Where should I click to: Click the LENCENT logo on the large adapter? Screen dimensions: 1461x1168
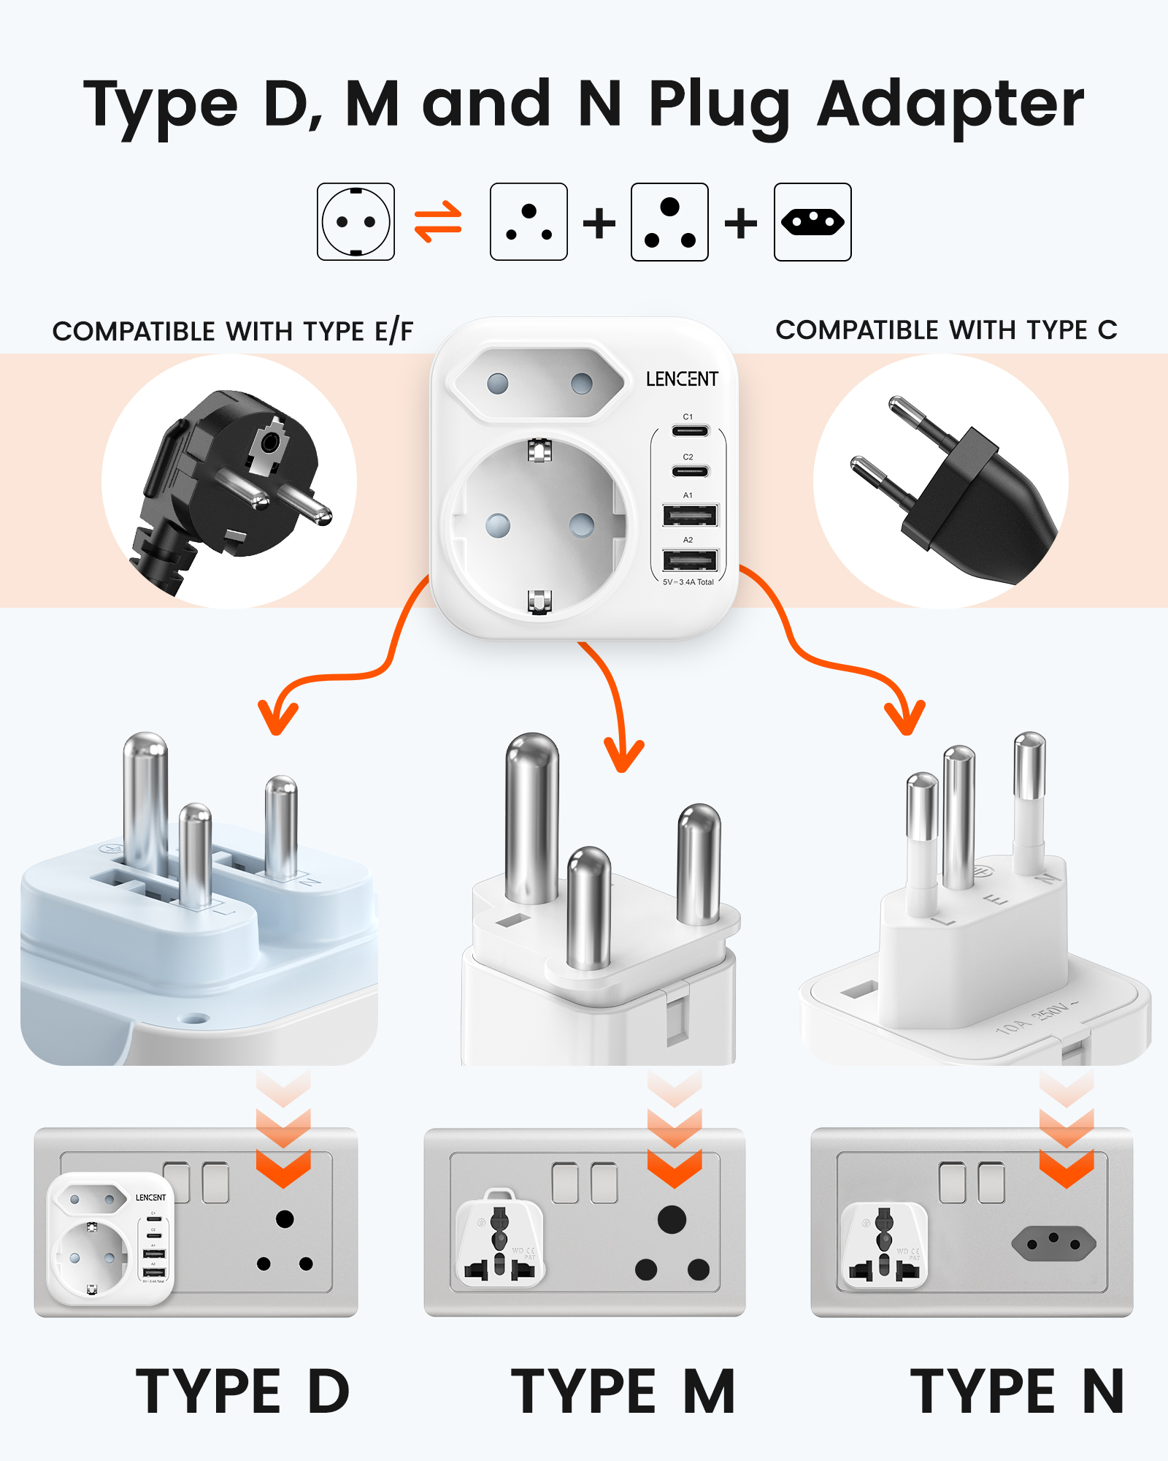click(x=682, y=379)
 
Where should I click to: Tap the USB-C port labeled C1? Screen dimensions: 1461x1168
click(x=690, y=430)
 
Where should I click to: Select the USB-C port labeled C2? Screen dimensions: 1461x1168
click(x=690, y=470)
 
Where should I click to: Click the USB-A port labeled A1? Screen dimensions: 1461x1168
click(x=690, y=516)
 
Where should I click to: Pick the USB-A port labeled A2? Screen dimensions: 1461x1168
click(x=690, y=560)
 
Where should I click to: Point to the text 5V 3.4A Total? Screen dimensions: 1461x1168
click(x=688, y=582)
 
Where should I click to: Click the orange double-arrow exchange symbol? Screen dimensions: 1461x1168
click(x=438, y=222)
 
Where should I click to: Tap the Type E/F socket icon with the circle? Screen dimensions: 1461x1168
click(x=356, y=222)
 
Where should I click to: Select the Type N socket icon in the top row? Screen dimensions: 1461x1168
click(x=812, y=222)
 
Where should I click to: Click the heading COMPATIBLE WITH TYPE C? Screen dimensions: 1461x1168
click(x=946, y=330)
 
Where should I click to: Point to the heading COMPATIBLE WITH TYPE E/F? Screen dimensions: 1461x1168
click(x=233, y=332)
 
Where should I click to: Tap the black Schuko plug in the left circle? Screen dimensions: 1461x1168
click(x=230, y=482)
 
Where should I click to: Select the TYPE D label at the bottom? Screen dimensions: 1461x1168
click(x=242, y=1392)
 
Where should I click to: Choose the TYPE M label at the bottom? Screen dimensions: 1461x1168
click(x=622, y=1392)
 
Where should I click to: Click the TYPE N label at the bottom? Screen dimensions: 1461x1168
click(x=1016, y=1392)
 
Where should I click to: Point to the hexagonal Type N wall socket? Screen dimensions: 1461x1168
click(x=1053, y=1244)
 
